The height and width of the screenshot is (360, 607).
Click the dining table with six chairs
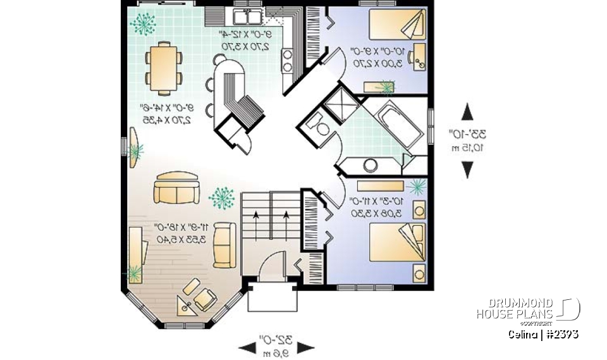(x=164, y=66)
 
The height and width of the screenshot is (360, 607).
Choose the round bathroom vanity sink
(x=369, y=166)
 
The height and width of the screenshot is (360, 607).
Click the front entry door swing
(x=274, y=266)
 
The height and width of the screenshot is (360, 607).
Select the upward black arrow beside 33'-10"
(x=467, y=112)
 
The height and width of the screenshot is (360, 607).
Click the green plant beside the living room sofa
(x=221, y=198)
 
